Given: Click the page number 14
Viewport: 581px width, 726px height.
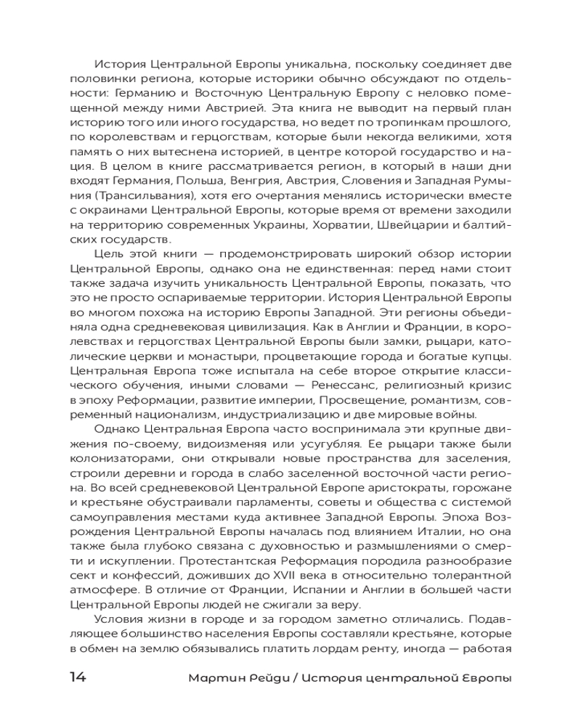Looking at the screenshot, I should [x=78, y=677].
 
